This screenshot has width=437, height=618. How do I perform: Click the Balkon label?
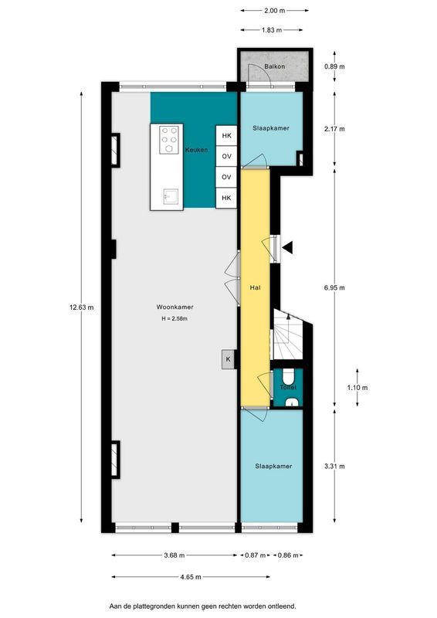coord(274,67)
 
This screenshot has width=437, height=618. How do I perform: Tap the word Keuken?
coord(195,150)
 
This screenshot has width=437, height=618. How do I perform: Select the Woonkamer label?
coord(174,307)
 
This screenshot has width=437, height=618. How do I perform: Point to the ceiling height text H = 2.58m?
coord(174,318)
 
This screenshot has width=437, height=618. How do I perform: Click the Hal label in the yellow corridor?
coord(253,287)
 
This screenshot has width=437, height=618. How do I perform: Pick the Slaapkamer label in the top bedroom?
coord(271,127)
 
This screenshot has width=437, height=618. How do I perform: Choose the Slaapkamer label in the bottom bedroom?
coord(273,467)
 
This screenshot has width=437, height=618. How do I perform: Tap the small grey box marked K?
coord(228,359)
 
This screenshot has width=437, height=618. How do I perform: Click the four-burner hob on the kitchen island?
coord(169,141)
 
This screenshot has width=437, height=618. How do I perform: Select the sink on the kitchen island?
coord(168,196)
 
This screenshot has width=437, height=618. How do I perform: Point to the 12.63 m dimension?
coord(83,307)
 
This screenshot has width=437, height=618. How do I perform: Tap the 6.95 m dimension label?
coord(334,287)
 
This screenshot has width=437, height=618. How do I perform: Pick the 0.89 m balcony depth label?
coord(334,67)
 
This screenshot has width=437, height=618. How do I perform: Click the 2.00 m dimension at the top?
coord(274,11)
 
